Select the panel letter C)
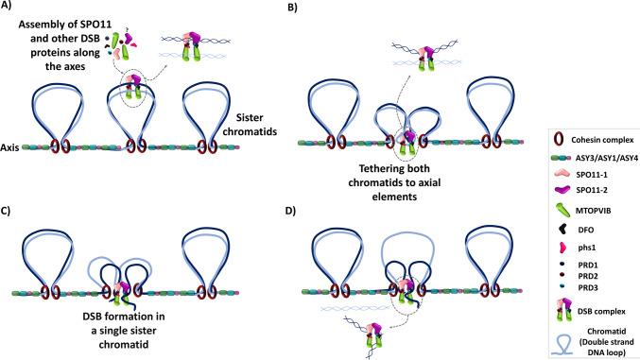tap(10, 184)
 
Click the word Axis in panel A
tap(12, 148)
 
